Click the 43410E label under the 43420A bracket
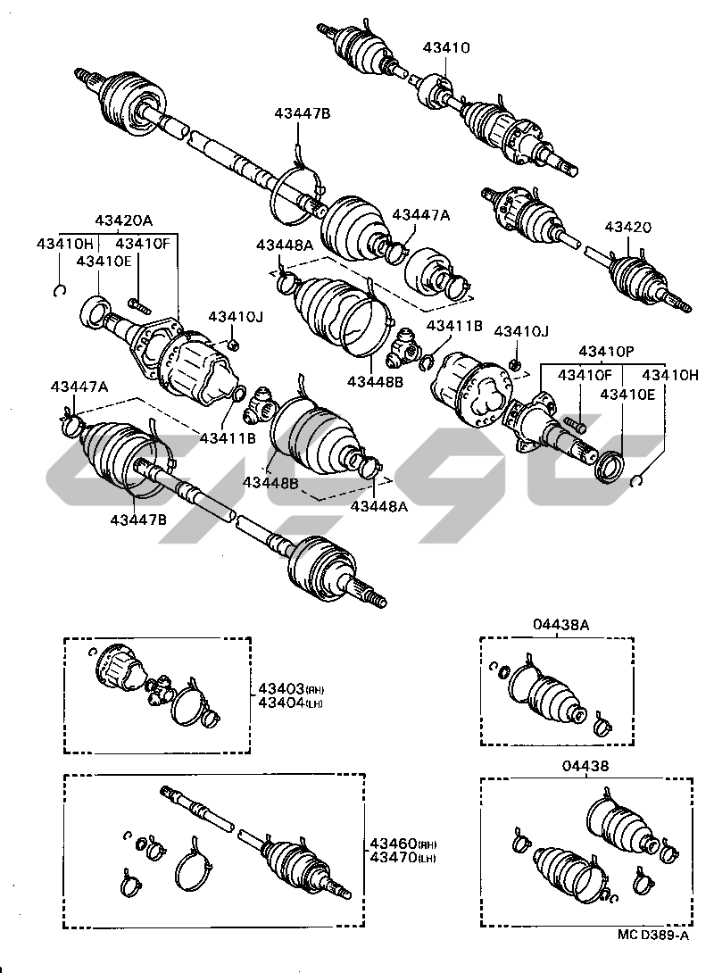104,261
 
